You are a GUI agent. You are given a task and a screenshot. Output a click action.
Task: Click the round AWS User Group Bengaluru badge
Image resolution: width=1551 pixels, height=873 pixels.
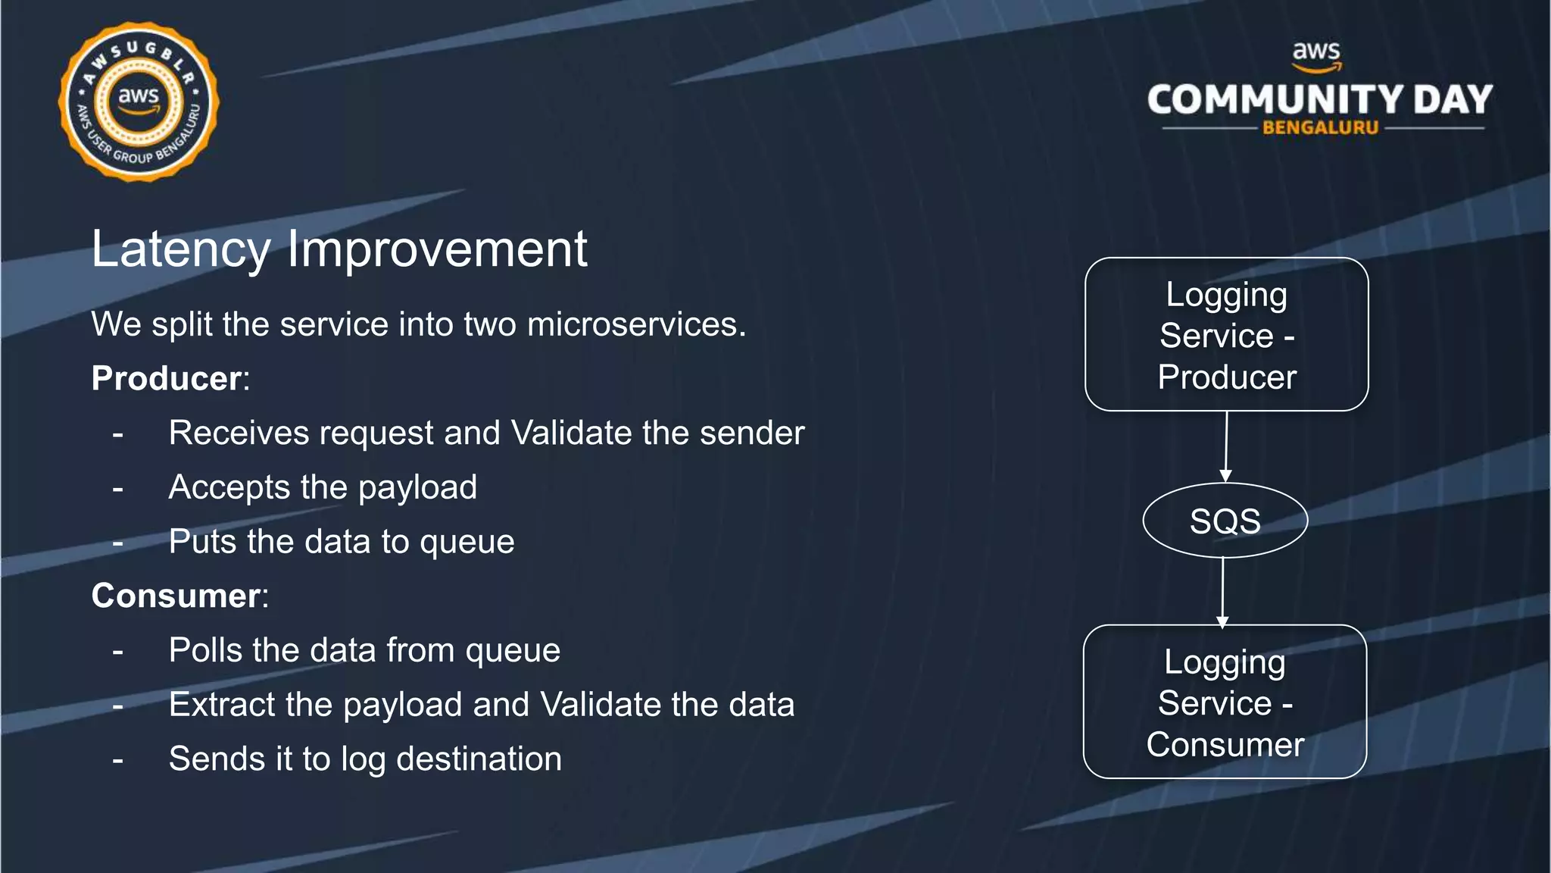tap(139, 102)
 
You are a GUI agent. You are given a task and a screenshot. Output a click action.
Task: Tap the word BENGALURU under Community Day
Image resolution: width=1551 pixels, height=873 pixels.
tap(1320, 128)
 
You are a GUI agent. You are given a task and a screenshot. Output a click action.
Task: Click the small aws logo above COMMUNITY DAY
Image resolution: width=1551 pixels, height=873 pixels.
tap(1316, 55)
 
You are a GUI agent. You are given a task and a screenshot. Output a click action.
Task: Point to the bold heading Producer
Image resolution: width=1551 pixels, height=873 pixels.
tap(167, 378)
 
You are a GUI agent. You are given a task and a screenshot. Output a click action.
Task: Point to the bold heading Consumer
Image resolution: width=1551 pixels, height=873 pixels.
tap(176, 596)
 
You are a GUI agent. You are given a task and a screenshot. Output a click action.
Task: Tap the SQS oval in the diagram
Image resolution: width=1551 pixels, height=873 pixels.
tap(1225, 521)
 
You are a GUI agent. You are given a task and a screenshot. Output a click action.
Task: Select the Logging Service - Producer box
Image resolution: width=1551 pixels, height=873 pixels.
tap(1226, 335)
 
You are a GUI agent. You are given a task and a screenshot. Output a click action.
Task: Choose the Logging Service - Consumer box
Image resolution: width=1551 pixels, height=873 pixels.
tap(1225, 702)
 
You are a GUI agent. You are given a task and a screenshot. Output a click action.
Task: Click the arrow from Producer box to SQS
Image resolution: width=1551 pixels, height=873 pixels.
tap(1226, 446)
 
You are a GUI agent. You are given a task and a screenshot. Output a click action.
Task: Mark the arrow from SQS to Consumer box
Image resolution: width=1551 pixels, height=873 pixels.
tap(1223, 591)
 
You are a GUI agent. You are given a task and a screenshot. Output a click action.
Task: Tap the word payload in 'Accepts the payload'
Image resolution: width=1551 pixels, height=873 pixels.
tap(417, 487)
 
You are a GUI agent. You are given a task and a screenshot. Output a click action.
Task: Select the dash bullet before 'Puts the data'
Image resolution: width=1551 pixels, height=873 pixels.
tap(117, 543)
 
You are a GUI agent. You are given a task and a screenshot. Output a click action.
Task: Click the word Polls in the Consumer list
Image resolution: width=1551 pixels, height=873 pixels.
tap(205, 650)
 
